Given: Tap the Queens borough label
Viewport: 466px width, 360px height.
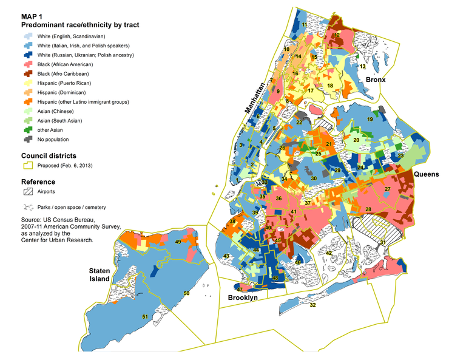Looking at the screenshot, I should click(x=427, y=174).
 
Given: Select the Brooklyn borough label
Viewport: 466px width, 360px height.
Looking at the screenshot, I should click(x=243, y=297).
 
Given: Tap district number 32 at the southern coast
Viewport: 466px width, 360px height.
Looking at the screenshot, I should click(x=312, y=305).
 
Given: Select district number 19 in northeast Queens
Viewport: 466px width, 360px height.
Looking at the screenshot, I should click(x=369, y=120).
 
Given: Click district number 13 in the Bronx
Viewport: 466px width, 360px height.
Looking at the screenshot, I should click(x=362, y=66).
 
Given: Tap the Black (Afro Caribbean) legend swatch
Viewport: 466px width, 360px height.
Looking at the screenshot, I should click(x=28, y=74).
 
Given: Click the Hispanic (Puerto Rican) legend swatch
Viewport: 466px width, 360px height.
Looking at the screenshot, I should click(x=28, y=83).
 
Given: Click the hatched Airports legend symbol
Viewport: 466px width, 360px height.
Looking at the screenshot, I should click(x=28, y=191).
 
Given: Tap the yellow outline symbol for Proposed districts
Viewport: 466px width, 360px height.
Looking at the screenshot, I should click(x=28, y=165).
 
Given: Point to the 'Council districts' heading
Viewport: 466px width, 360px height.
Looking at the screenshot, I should click(x=49, y=155).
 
